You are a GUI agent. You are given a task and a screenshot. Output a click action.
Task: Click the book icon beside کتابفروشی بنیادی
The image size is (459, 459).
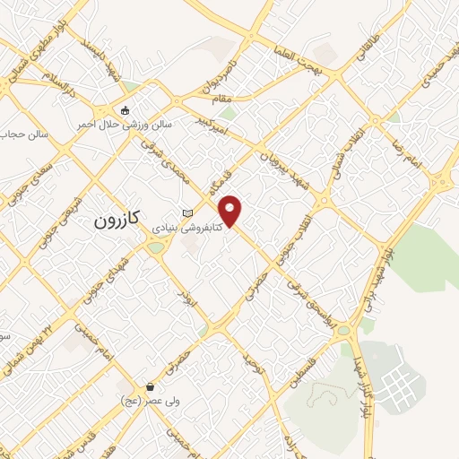pos(186,212)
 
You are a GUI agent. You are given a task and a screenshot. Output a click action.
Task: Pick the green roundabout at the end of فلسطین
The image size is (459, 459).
pos(343,330)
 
